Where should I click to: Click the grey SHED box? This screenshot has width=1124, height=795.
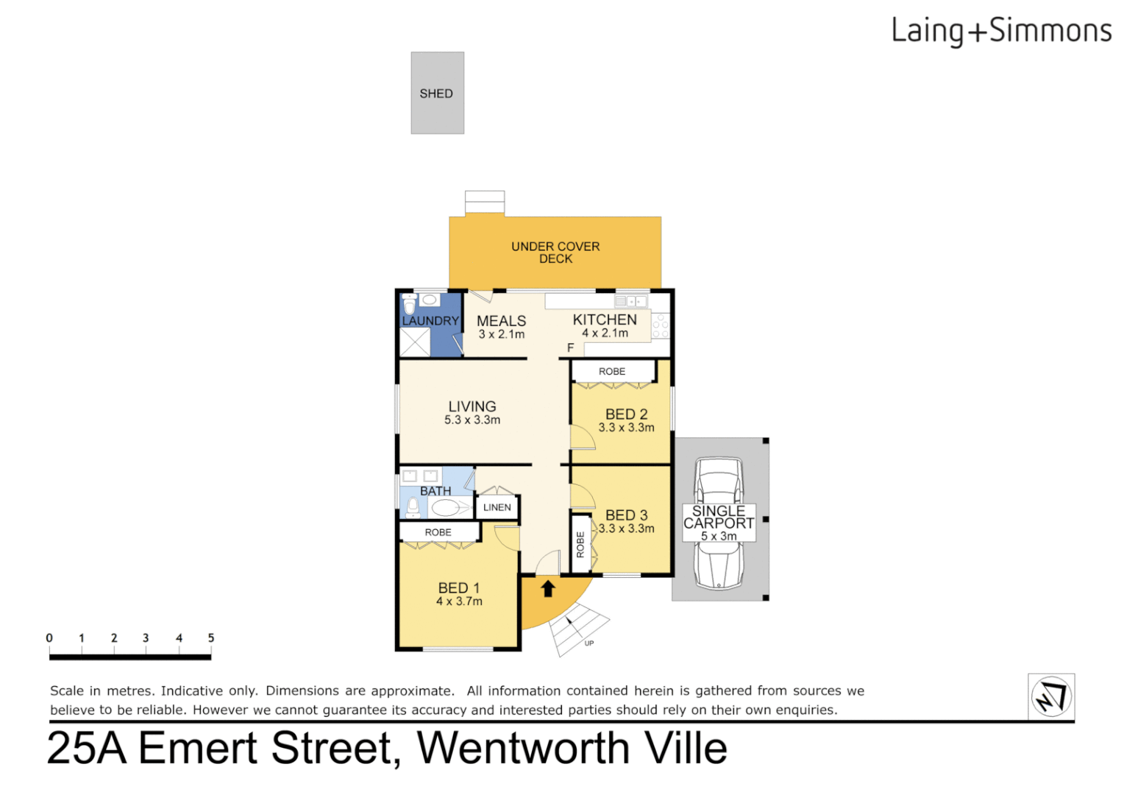point(437,93)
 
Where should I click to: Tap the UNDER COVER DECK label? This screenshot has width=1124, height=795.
point(555,252)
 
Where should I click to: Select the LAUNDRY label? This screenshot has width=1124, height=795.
point(430,321)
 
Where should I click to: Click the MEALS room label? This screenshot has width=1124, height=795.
point(502,322)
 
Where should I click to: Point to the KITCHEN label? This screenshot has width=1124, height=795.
point(605,320)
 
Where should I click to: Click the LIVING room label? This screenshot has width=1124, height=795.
point(472,407)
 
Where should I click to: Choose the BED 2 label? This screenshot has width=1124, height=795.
point(627,415)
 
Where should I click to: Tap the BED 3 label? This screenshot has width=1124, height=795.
point(627,516)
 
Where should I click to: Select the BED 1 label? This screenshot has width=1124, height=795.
point(459,588)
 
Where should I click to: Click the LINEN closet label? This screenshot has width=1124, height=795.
point(497,507)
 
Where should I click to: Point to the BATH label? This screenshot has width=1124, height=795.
point(435,491)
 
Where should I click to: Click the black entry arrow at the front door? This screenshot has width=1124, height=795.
point(548,589)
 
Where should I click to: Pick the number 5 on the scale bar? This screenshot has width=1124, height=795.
point(211,638)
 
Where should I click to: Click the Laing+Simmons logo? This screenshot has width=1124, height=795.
point(1001,32)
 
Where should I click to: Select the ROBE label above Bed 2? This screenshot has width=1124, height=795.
point(612,372)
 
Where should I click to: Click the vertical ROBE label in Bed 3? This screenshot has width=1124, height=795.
point(580,544)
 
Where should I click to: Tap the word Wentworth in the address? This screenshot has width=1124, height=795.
point(523,749)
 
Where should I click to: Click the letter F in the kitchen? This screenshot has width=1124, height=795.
point(570,347)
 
